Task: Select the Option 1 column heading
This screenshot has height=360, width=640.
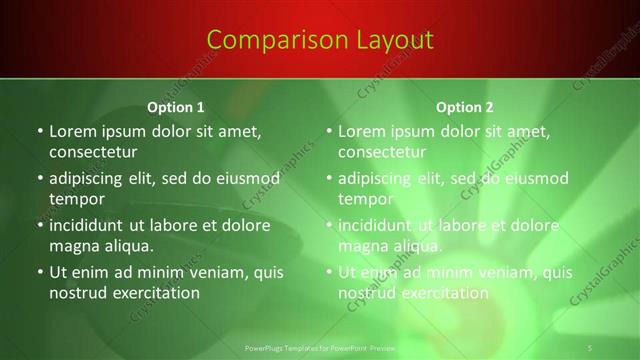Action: click(176, 106)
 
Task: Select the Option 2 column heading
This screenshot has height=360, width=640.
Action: click(465, 106)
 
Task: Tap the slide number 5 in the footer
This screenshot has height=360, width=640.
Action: click(591, 347)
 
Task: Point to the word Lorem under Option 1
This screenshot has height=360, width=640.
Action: click(74, 131)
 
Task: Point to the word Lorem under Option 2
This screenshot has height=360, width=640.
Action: click(363, 131)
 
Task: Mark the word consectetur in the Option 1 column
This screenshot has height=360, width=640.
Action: click(93, 152)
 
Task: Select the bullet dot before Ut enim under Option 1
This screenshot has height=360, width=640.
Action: click(39, 272)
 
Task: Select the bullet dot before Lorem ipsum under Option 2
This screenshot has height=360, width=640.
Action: click(328, 131)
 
